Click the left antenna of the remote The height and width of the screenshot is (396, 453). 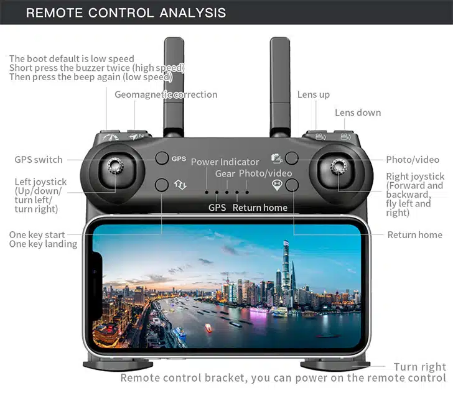[x=174, y=86]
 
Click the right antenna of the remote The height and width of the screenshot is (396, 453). [x=280, y=86]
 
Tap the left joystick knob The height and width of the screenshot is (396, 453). [x=115, y=165]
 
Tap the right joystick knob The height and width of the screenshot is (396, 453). [x=339, y=166]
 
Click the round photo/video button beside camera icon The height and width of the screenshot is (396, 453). [x=291, y=158]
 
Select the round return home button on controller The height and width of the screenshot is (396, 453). [x=292, y=185]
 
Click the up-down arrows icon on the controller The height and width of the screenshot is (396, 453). [x=180, y=185]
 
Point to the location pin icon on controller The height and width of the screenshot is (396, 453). [x=277, y=185]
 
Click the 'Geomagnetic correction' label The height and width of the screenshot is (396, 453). [x=166, y=94]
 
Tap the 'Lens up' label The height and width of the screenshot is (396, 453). [x=314, y=94]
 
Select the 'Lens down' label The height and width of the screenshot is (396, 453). [x=358, y=113]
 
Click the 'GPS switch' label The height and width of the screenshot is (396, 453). [x=39, y=160]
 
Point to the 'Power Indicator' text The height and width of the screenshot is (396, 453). [x=225, y=162]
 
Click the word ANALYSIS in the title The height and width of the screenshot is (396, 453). [x=193, y=12]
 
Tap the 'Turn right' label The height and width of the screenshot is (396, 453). [x=420, y=367]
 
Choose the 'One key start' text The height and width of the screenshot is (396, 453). [x=37, y=234]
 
